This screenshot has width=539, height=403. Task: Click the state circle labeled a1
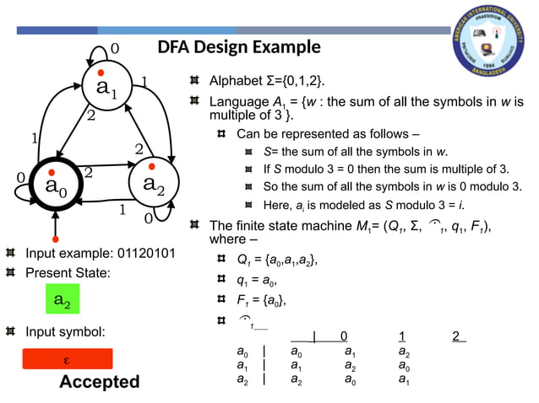coord(106,86)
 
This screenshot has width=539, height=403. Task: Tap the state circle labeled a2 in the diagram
coord(153,183)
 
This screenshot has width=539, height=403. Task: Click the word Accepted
coord(99,382)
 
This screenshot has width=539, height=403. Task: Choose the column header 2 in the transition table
coord(457,337)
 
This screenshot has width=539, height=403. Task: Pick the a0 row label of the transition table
coord(242,352)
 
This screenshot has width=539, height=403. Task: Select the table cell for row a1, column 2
coord(405,366)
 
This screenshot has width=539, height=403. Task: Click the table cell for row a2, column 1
coord(351,380)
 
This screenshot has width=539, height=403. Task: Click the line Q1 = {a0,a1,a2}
coord(277,261)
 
